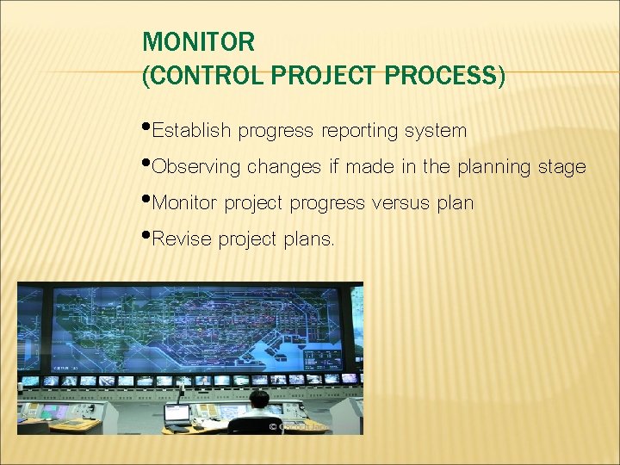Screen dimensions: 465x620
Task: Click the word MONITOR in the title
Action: [198, 41]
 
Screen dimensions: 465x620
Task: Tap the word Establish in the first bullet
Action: [190, 131]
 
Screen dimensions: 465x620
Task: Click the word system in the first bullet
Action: [436, 131]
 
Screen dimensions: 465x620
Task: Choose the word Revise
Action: [181, 239]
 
